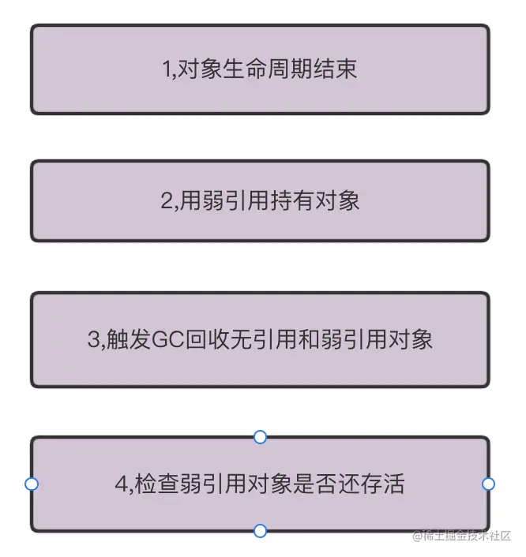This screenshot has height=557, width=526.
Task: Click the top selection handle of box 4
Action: pos(260,437)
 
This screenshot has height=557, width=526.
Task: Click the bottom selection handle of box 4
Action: pos(260,531)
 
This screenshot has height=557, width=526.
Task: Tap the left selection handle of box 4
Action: pos(32,484)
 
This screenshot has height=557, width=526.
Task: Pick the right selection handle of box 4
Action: pos(488,484)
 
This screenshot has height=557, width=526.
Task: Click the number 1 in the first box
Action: pos(167,69)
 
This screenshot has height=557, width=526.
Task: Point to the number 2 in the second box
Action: pos(166,201)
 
